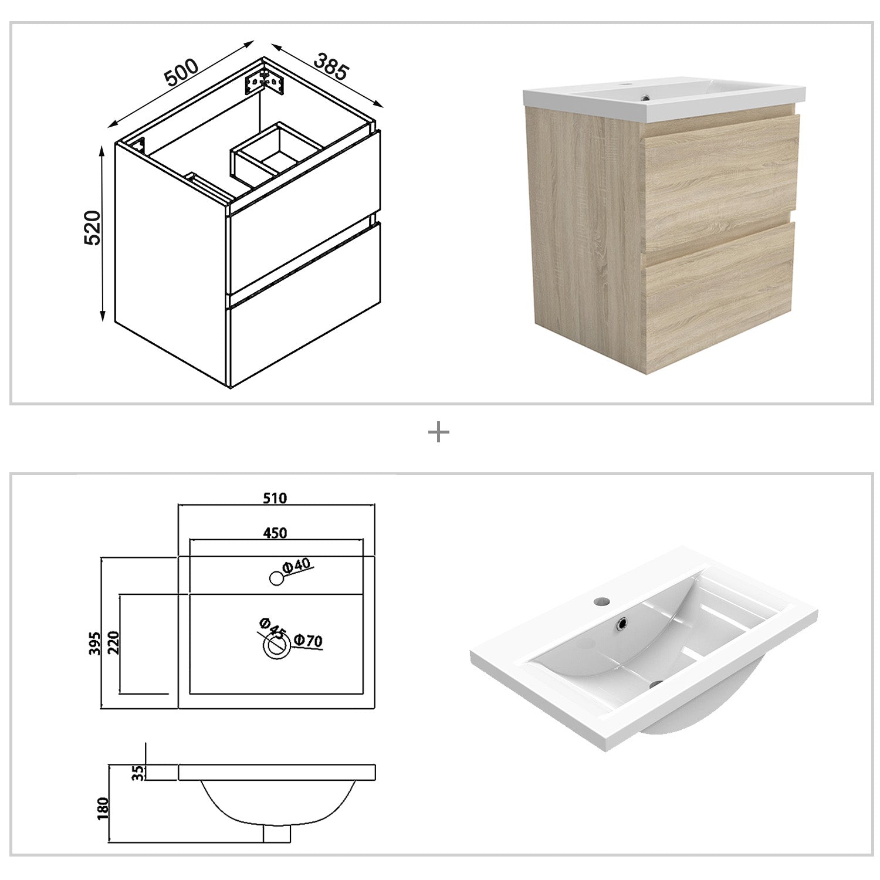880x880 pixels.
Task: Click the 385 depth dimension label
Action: (332, 66)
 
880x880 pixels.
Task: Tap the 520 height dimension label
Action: (93, 227)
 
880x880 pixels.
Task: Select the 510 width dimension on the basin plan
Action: (275, 498)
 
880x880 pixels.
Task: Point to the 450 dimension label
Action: (275, 533)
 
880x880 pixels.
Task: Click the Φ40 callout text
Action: (296, 566)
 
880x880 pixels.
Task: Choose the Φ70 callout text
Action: (308, 641)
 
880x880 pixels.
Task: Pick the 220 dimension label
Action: (113, 643)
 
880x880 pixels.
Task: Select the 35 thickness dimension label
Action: (138, 773)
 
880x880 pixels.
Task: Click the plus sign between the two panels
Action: (439, 434)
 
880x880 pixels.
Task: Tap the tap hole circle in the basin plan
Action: (276, 578)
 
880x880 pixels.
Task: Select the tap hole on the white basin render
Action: (601, 601)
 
